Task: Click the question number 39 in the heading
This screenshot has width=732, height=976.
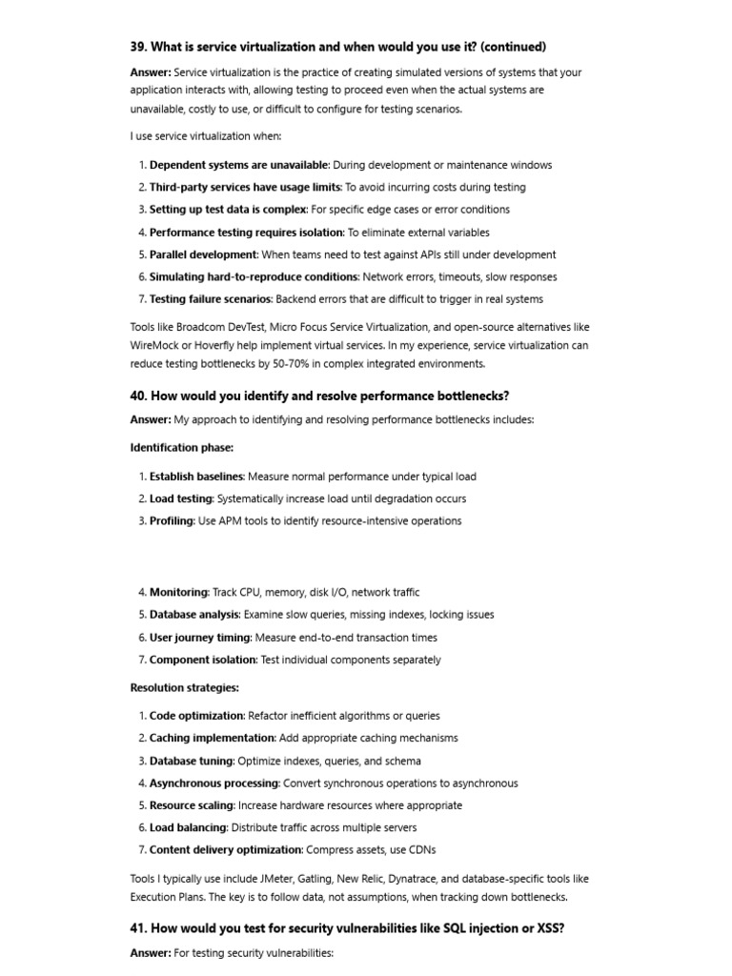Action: pos(138,47)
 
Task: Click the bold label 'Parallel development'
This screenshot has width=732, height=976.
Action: pos(203,254)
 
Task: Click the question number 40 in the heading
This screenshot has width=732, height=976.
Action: pos(138,396)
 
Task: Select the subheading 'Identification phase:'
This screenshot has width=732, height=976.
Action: pos(181,447)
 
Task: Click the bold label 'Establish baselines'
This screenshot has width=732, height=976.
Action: pos(196,477)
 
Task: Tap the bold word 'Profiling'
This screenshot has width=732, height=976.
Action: pos(172,521)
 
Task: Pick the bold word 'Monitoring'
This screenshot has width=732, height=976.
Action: pos(178,592)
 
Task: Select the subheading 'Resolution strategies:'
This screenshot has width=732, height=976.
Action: pos(184,687)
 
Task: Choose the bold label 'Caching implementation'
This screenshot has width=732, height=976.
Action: pos(212,738)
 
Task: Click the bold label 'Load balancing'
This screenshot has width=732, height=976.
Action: pos(188,827)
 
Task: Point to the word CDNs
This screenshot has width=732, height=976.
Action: pos(420,850)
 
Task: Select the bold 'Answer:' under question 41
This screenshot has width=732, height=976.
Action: pos(151,953)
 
